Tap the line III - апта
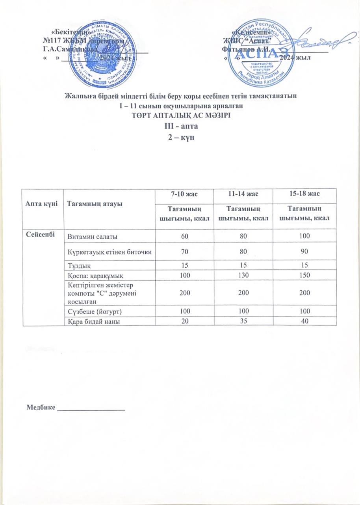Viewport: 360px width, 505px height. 180,127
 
